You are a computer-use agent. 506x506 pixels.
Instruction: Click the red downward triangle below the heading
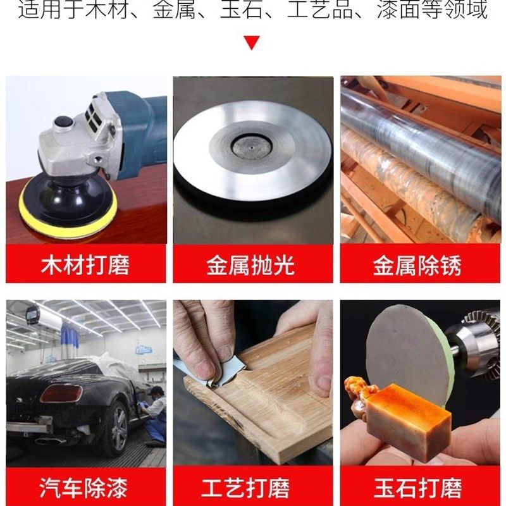(x=252, y=43)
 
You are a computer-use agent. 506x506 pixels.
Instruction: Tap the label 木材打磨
(x=85, y=264)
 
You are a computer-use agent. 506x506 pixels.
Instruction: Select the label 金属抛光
(x=251, y=264)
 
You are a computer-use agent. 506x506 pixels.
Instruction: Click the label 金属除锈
(x=417, y=264)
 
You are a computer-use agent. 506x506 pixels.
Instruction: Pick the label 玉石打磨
(x=417, y=488)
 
